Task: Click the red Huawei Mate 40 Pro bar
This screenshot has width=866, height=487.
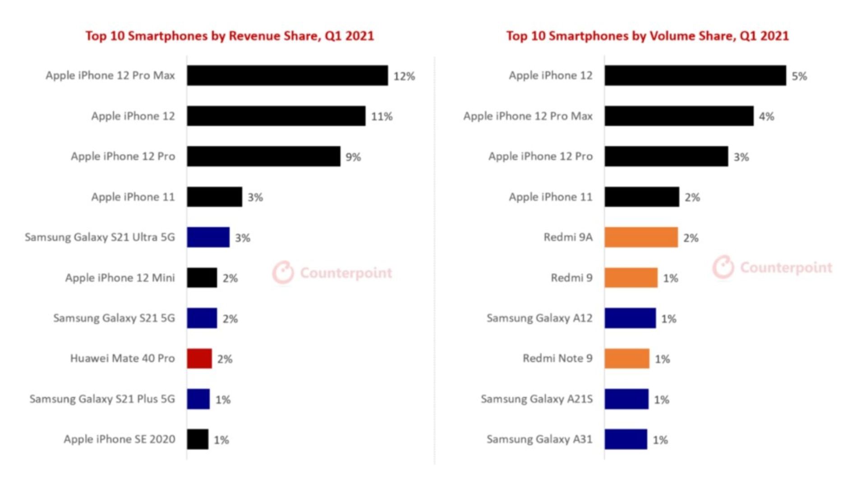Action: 199,358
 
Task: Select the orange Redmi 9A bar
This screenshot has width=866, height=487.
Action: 641,237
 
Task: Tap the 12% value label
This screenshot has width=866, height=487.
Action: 404,76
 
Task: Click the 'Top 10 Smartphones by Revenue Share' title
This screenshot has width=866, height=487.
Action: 230,36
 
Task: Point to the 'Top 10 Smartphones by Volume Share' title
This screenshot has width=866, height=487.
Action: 647,36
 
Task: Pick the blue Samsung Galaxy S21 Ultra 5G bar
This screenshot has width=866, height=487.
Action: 208,237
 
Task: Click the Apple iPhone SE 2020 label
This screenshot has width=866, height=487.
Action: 120,439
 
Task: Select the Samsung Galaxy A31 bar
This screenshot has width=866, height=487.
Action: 626,439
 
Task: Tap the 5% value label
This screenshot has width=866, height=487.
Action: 799,76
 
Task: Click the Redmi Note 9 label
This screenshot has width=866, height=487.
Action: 557,358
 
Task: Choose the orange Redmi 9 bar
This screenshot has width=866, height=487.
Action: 631,278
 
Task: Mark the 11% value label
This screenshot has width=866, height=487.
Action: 382,117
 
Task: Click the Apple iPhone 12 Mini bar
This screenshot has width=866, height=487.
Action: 202,278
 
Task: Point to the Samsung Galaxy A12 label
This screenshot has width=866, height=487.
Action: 539,318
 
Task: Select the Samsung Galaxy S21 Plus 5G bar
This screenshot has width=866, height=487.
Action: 198,399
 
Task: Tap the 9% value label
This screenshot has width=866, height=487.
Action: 353,157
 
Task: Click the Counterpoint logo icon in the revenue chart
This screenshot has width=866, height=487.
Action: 283,272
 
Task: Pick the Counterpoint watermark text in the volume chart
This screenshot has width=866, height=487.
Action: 786,267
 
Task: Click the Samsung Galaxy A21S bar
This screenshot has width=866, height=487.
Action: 626,399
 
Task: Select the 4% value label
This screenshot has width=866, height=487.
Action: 766,117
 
